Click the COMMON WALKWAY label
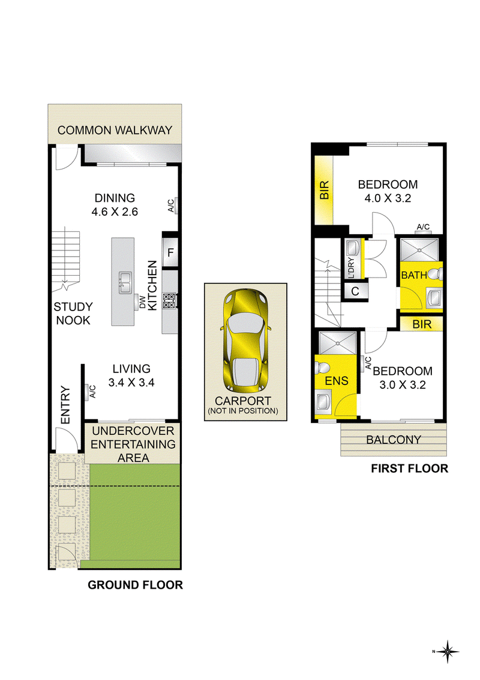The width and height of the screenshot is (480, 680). tap(115, 130)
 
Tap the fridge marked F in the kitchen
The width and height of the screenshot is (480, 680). tap(170, 252)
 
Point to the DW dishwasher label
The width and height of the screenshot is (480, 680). tap(143, 302)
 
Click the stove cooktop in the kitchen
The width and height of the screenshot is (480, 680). tap(169, 301)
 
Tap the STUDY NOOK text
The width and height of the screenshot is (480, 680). tap(73, 314)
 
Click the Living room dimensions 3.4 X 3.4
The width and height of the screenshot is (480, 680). tap(131, 383)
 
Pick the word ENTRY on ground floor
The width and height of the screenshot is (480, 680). tap(65, 405)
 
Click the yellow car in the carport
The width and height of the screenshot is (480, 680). tap(245, 341)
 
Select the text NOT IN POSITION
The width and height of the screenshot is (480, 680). tap(243, 411)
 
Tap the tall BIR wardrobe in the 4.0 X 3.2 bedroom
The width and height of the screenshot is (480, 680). tap(324, 190)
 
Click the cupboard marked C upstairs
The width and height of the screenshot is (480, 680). tap(355, 291)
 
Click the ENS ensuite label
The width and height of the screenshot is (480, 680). tap(337, 381)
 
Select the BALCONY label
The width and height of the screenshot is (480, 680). tap(394, 440)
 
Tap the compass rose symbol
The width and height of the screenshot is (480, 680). tap(447, 651)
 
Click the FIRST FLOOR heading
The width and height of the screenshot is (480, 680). tap(409, 469)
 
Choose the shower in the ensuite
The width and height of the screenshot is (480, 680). tap(337, 343)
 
